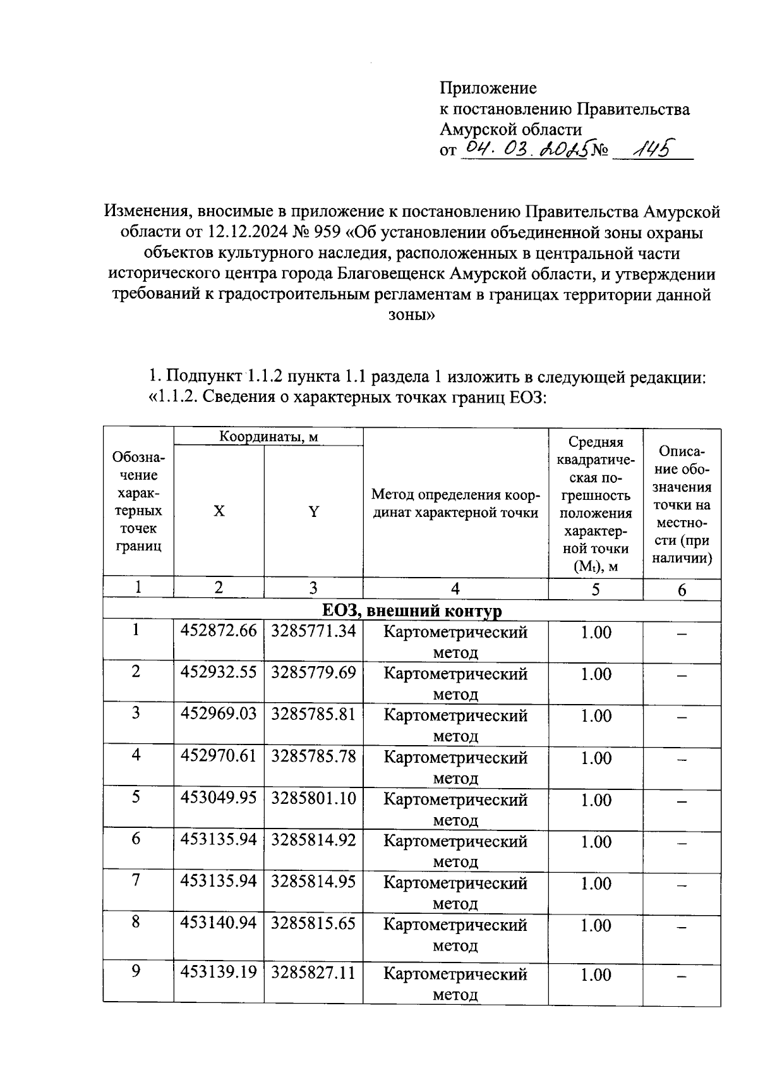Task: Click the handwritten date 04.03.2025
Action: click(x=526, y=149)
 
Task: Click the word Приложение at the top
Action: click(x=488, y=88)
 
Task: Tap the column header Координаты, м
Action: click(x=268, y=436)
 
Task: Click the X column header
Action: click(x=219, y=511)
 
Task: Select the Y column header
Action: click(x=313, y=511)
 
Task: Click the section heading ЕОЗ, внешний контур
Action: click(x=412, y=611)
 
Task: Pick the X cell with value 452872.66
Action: click(x=219, y=631)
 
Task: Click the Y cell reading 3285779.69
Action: click(x=313, y=672)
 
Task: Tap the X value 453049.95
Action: click(x=219, y=798)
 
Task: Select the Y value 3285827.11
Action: click(x=313, y=972)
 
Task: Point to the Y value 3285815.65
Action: click(x=313, y=923)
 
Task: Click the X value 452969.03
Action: click(x=219, y=714)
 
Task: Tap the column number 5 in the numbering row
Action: click(x=595, y=590)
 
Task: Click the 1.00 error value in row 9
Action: click(x=596, y=975)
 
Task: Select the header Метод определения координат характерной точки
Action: click(x=455, y=503)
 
